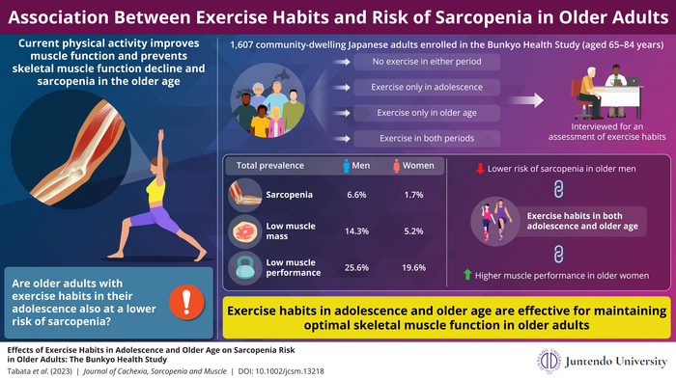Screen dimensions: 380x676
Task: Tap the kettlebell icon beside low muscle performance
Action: [x=243, y=267]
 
